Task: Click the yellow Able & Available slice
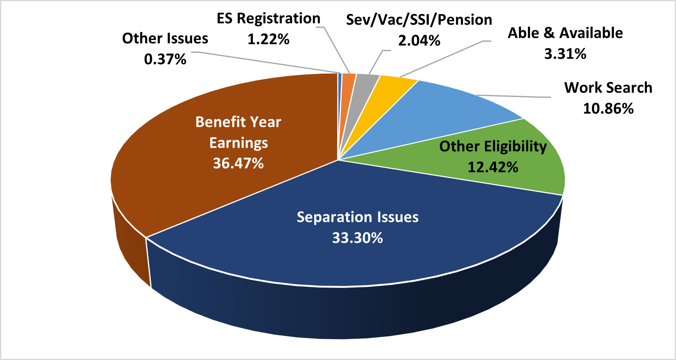point(393,88)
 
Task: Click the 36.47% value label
point(238,163)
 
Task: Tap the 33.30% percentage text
point(357,238)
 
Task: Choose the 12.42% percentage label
point(493,167)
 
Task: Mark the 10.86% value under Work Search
point(608,108)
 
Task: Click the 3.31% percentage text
point(565,54)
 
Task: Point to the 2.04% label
point(419,40)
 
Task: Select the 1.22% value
point(268,39)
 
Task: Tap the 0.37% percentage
point(165,59)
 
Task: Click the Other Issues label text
point(165,38)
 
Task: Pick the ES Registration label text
point(268,18)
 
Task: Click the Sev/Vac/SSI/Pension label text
point(419,20)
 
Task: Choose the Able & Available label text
point(565,33)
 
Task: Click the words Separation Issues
point(357,217)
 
